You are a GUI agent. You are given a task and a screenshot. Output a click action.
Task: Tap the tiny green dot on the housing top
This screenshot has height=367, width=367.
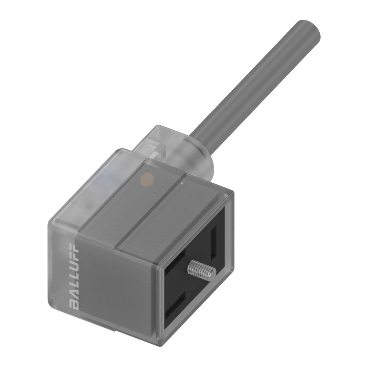181,182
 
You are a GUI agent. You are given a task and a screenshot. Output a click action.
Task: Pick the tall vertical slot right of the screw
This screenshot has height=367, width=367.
214,242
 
